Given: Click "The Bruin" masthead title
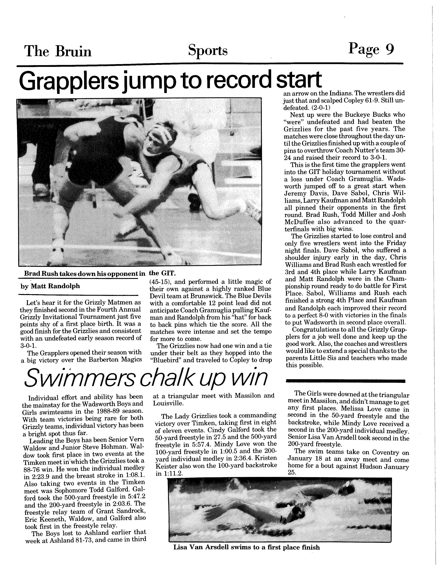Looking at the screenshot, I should (58, 51).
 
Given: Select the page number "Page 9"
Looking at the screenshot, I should (371, 49).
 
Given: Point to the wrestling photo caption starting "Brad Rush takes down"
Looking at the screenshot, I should (84, 274).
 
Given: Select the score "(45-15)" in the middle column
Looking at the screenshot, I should (160, 282).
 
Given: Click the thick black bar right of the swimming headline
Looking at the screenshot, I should (346, 381).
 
